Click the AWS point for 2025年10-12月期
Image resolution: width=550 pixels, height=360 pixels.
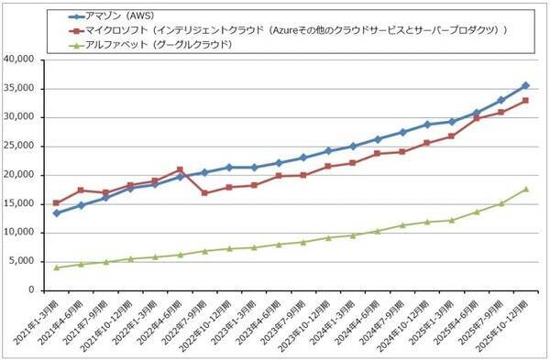point(525,85)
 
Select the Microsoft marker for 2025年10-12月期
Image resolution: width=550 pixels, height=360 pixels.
point(525,100)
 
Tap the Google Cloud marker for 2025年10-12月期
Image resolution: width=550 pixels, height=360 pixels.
point(525,189)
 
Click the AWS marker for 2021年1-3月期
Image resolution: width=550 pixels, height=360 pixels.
point(57,213)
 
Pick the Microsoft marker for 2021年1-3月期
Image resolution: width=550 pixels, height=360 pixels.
point(57,202)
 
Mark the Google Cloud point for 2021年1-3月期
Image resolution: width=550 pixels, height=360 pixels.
point(57,267)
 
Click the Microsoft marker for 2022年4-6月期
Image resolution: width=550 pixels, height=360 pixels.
point(180,169)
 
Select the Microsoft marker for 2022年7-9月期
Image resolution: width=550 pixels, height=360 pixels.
point(204,193)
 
